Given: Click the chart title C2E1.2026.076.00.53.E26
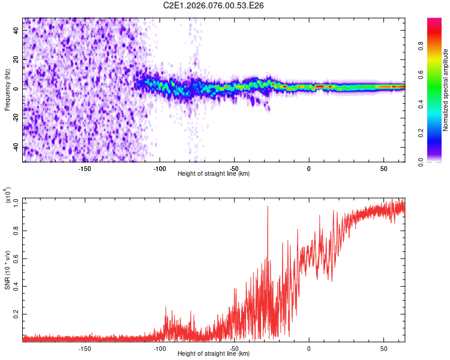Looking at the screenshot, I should click(x=214, y=5).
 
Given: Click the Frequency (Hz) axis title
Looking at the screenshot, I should click(x=7, y=89).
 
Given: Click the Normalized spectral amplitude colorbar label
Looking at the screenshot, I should click(x=446, y=90).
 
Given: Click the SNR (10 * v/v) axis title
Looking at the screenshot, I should click(x=7, y=270).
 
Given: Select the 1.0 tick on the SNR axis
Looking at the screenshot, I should click(x=17, y=203).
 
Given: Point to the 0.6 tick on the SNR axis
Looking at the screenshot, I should click(x=17, y=259).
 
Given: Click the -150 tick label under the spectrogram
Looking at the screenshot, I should click(x=85, y=169).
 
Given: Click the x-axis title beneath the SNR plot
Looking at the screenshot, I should click(x=214, y=354).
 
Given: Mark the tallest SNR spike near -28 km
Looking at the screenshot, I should click(x=268, y=207).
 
